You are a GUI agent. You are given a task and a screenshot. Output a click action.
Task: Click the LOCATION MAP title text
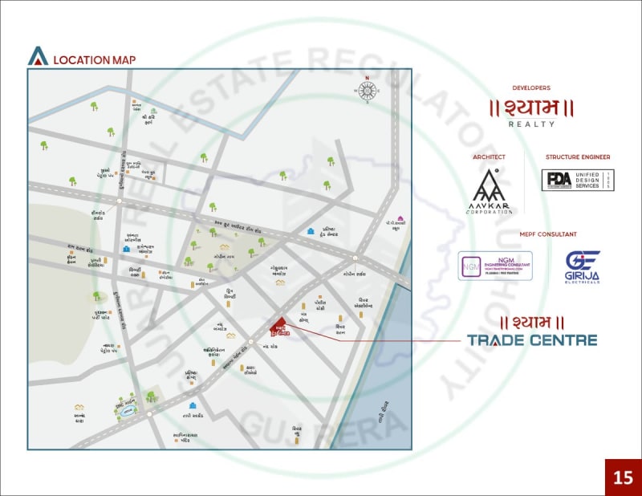point(94,59)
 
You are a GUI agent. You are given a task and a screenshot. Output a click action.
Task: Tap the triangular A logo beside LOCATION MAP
point(38,56)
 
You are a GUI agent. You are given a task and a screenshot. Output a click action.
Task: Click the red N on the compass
point(367,78)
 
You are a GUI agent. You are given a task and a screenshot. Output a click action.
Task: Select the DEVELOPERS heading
point(531,87)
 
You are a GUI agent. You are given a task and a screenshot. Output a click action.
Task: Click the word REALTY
point(531,124)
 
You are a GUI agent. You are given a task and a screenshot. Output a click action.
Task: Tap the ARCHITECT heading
point(490,157)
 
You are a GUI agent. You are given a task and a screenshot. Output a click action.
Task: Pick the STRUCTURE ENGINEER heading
point(578,157)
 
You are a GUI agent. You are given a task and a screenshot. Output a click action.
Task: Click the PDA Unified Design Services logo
point(578,181)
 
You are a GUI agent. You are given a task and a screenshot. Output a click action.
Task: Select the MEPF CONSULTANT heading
point(531,234)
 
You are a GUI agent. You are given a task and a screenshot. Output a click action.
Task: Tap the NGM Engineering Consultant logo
point(495,266)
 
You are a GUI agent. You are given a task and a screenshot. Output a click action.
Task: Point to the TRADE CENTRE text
point(532,339)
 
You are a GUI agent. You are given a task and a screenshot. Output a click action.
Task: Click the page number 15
point(623,478)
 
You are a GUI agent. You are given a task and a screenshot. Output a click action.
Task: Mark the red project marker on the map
point(278,325)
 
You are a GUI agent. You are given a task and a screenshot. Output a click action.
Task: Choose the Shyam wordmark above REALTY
point(531,108)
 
